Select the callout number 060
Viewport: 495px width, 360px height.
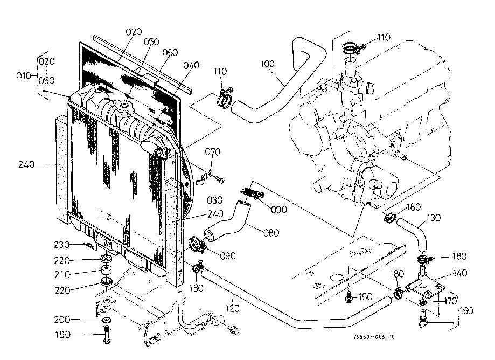(169, 52)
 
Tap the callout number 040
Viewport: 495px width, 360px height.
(191, 65)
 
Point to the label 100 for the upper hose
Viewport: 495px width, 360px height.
(268, 64)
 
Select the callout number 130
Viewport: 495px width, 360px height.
(434, 218)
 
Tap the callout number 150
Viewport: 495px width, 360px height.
(366, 296)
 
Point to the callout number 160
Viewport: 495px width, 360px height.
(466, 310)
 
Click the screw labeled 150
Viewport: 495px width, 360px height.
(350, 296)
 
